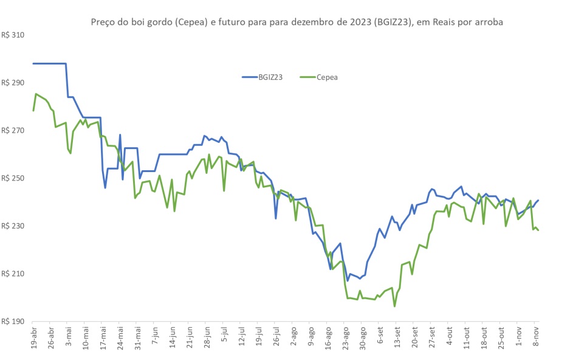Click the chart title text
coord(297,22)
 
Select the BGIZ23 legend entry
coord(262,77)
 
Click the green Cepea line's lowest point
coord(394,306)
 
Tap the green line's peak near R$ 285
coord(36,94)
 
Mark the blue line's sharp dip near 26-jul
coord(276,218)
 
